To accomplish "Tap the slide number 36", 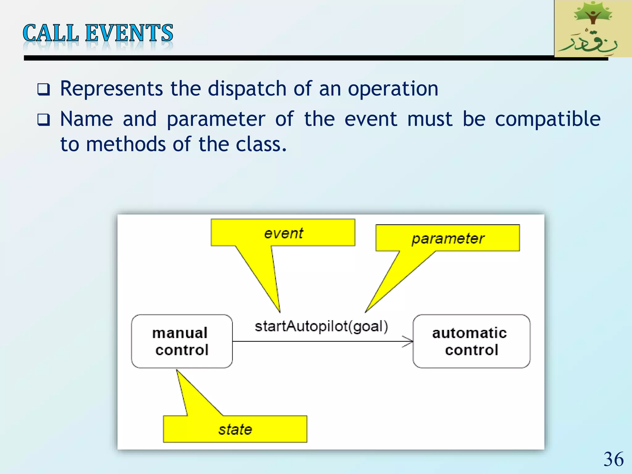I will pyautogui.click(x=613, y=459).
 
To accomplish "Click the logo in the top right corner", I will pyautogui.click(x=593, y=28).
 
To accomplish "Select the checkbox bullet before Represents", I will pyautogui.click(x=43, y=89).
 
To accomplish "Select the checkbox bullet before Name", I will pyautogui.click(x=43, y=120).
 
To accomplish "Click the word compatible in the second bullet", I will pyautogui.click(x=547, y=119).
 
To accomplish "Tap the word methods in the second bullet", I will pyautogui.click(x=126, y=144).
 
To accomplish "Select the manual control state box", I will pyautogui.click(x=182, y=341).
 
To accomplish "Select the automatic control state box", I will pyautogui.click(x=471, y=341).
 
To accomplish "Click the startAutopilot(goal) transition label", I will pyautogui.click(x=321, y=326).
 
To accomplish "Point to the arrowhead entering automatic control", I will pyautogui.click(x=410, y=342).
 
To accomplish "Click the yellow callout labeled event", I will pyautogui.click(x=283, y=233).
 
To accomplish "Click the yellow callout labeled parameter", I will pyautogui.click(x=447, y=238).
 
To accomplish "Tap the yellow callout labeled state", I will pyautogui.click(x=235, y=429).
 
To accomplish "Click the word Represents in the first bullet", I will pyautogui.click(x=111, y=89).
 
